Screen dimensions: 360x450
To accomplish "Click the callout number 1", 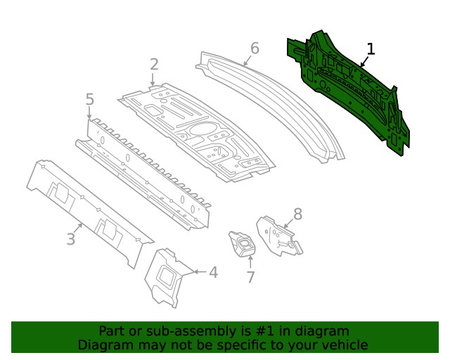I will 371,49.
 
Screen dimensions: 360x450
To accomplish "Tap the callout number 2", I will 154,65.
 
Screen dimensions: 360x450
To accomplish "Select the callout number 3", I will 70,240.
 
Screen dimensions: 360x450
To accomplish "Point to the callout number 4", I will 213,273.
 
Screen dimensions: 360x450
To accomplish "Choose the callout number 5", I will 89,100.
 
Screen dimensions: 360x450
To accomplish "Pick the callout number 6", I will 255,49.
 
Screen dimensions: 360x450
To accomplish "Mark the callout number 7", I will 250,277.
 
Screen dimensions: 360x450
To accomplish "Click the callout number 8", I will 297,214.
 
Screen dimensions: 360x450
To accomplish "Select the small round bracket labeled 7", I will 243,245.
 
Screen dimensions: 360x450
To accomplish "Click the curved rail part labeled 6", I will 274,98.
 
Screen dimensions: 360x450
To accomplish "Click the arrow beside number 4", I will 198,271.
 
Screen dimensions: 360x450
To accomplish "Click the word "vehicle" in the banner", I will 343,345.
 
